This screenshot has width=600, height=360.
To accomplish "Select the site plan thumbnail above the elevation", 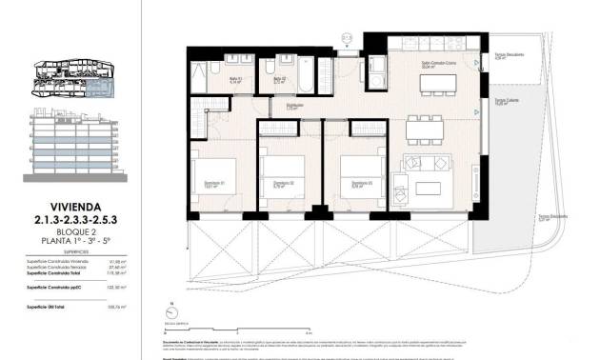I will (x=71, y=78).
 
